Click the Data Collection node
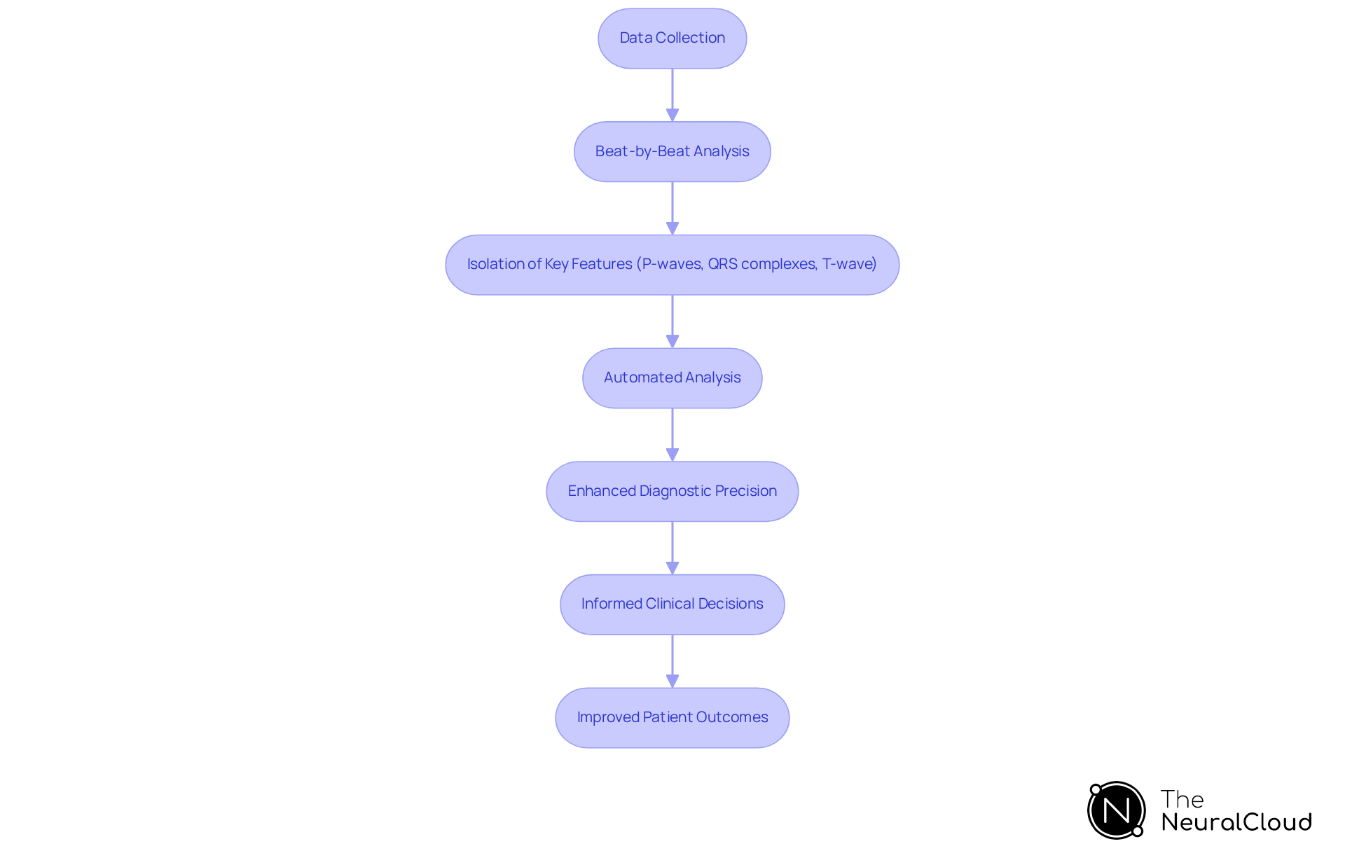click(x=672, y=39)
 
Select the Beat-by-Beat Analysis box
click(x=672, y=152)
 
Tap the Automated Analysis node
click(x=672, y=378)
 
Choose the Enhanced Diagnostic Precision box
click(x=672, y=492)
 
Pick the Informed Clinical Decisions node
click(x=672, y=604)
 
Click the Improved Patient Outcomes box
click(x=672, y=718)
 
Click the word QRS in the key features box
click(x=722, y=264)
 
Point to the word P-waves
click(x=672, y=264)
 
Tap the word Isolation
click(x=495, y=264)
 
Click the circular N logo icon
click(x=1116, y=810)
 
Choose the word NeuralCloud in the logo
click(x=1236, y=822)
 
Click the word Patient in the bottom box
click(x=668, y=717)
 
